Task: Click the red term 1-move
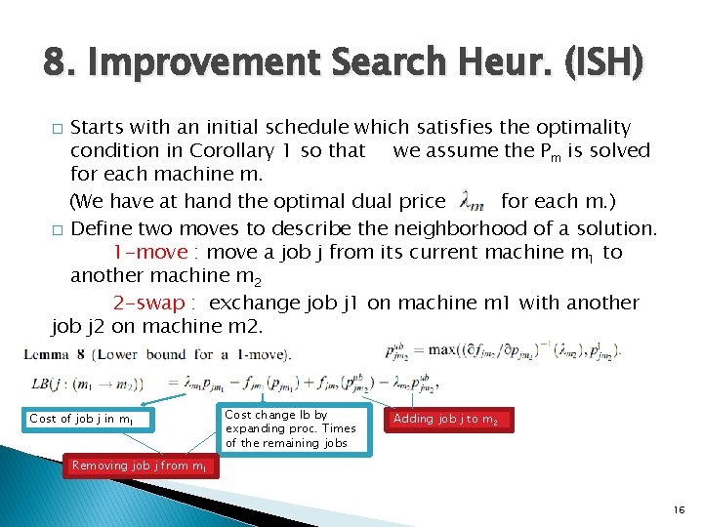coord(151,252)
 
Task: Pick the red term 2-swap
coord(155,303)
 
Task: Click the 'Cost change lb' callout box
coord(290,428)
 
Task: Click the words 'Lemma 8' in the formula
coord(58,353)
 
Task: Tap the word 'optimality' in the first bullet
coord(579,127)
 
